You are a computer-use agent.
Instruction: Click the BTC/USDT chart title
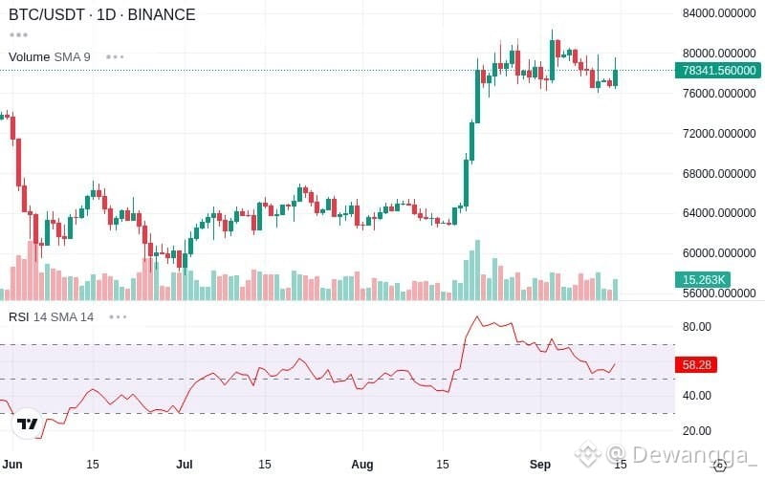[x=102, y=14]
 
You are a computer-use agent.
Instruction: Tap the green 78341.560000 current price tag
[x=718, y=70]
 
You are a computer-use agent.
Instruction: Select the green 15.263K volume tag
[x=703, y=279]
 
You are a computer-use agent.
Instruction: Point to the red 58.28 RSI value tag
[x=696, y=364]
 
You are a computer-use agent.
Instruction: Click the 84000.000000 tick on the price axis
[x=719, y=13]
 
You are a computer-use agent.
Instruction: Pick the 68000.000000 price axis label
[x=719, y=174]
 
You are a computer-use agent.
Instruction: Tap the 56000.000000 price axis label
[x=719, y=293]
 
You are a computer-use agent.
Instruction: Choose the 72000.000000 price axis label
[x=719, y=133]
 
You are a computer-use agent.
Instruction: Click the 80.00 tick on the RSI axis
[x=697, y=327]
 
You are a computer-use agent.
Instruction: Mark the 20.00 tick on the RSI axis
[x=697, y=431]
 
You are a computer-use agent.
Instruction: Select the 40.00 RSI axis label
[x=697, y=396]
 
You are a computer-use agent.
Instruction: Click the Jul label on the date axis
[x=185, y=464]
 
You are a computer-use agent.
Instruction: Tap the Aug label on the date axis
[x=362, y=465]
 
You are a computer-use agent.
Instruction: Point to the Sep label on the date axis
[x=540, y=465]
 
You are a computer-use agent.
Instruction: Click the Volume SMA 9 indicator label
[x=50, y=57]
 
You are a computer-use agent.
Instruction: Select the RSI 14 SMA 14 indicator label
[x=52, y=317]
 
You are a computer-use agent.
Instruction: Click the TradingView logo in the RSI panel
[x=28, y=424]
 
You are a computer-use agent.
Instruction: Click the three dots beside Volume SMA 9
[x=115, y=57]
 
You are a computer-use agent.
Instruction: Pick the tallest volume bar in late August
[x=477, y=270]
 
